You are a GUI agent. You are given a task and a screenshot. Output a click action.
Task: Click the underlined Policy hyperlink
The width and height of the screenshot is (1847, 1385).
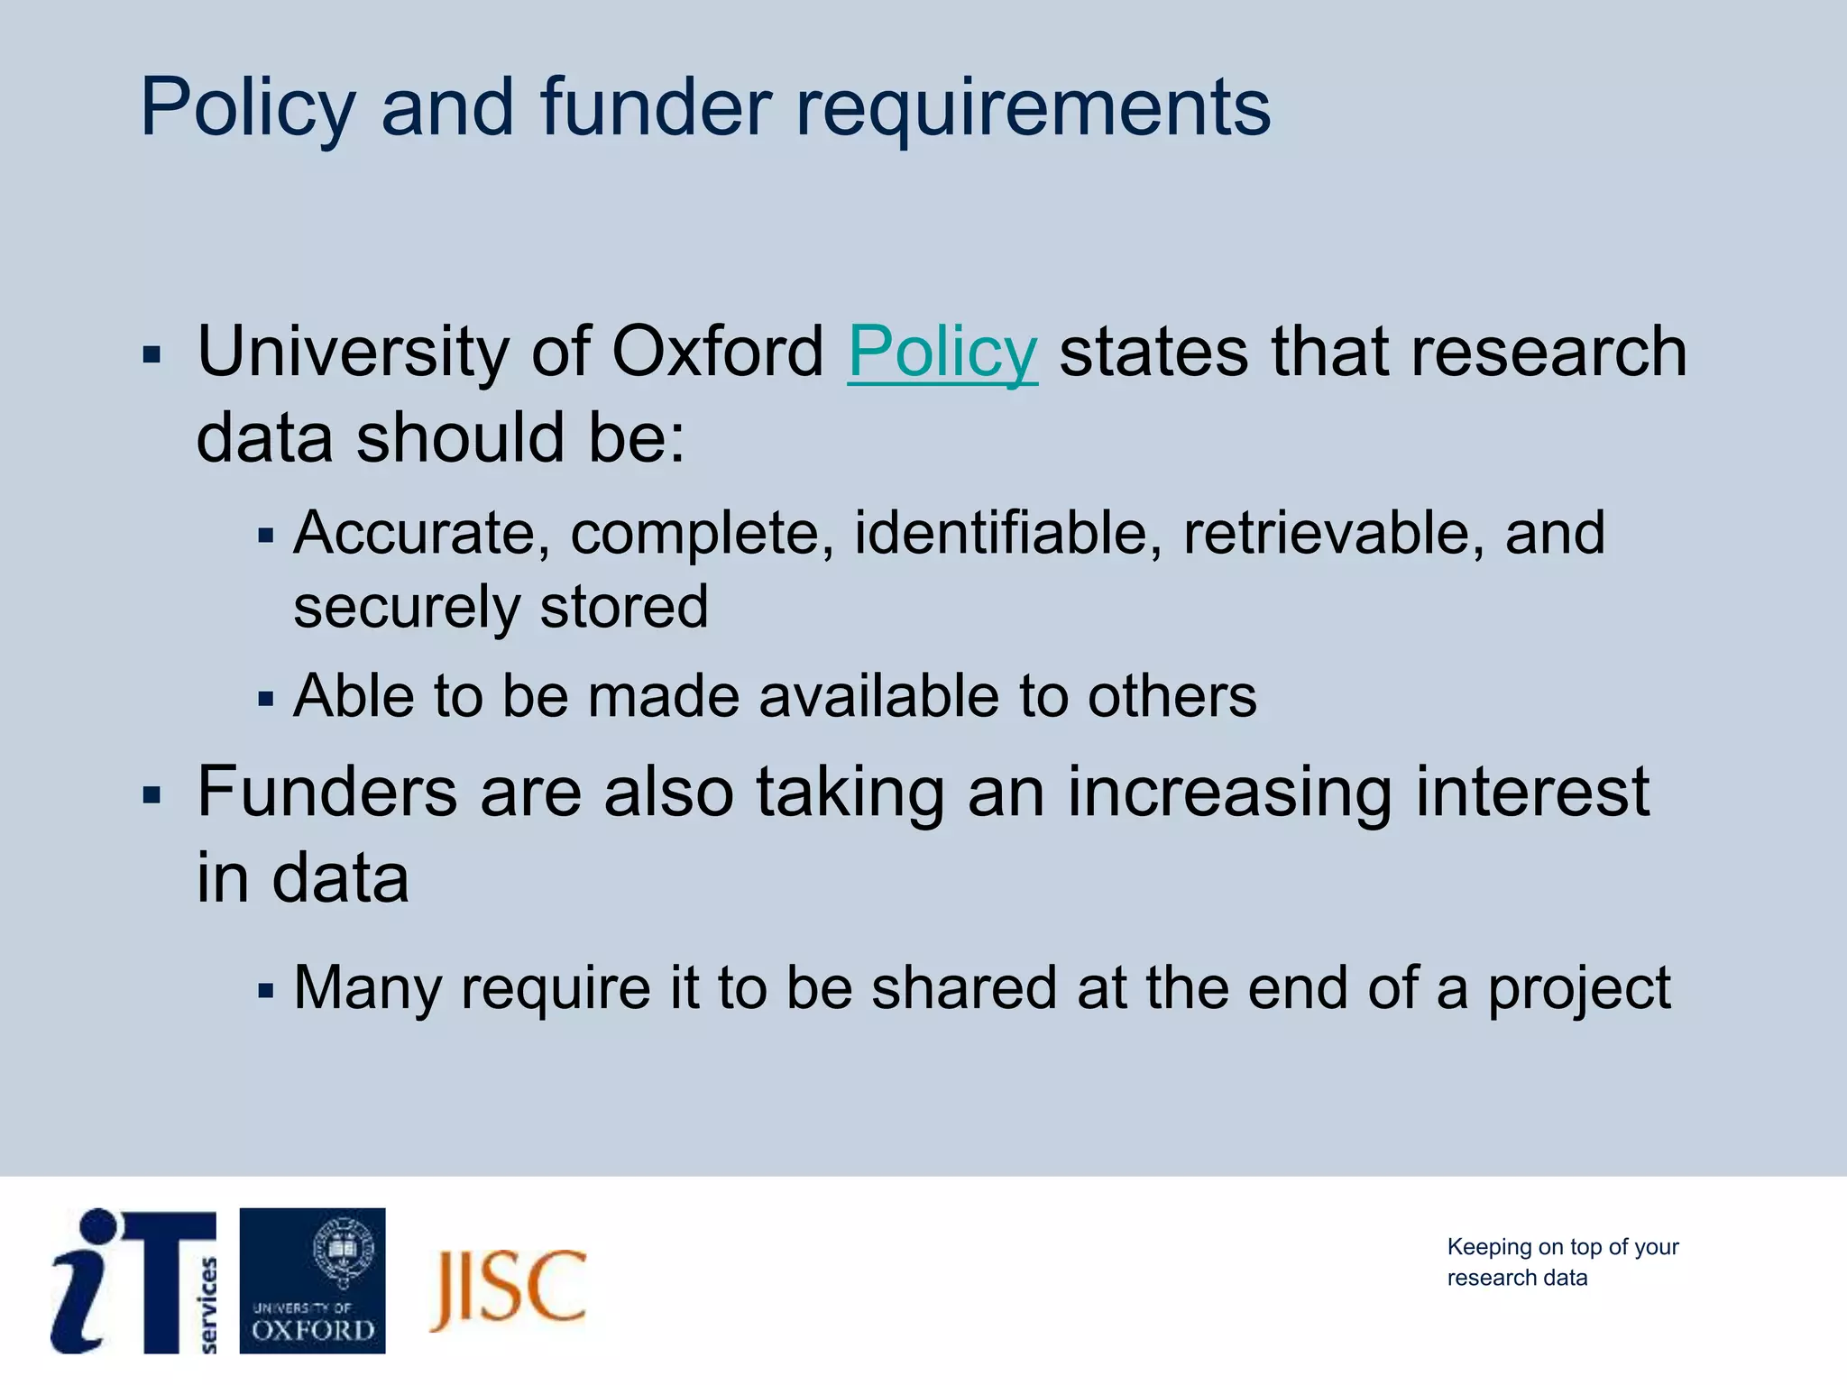pos(942,353)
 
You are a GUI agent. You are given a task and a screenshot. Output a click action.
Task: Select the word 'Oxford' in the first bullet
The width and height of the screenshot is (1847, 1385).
pos(717,353)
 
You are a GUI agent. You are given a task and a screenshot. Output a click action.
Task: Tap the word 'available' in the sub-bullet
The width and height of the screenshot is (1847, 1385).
pos(878,696)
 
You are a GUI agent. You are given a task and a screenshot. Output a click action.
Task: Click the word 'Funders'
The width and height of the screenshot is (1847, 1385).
pos(326,792)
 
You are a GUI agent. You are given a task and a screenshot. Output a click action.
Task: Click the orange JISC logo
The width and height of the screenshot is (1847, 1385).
pos(508,1289)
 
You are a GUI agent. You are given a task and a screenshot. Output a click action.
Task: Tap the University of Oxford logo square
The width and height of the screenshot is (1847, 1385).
pos(312,1280)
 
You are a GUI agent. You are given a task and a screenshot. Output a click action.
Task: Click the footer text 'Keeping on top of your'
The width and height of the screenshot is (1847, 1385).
pos(1562,1247)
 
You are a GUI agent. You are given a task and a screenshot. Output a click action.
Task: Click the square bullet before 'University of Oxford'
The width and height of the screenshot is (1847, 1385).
pos(152,354)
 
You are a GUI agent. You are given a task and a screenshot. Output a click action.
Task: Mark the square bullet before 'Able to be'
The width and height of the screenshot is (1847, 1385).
pos(264,699)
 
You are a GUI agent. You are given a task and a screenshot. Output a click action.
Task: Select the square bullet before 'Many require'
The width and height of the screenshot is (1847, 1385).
pos(264,991)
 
